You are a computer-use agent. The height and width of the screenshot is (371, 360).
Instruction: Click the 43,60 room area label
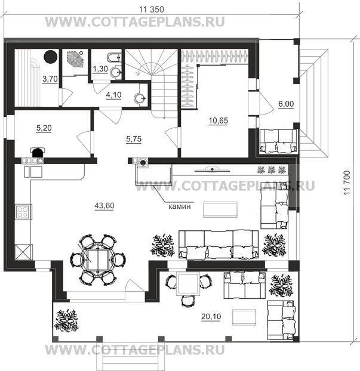[x=104, y=206]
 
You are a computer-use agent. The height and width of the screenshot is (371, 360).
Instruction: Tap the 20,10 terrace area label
[x=211, y=316]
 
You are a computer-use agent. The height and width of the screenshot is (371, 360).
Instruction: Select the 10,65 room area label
[x=218, y=120]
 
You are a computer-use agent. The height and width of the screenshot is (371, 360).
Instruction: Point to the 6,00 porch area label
[x=286, y=104]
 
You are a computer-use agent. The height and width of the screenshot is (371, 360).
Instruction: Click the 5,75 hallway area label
[x=134, y=139]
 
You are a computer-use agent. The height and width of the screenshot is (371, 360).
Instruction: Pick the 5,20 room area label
[x=44, y=128]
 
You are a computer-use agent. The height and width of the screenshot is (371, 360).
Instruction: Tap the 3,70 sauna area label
[x=50, y=79]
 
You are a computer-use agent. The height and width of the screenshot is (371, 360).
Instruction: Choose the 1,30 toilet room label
[x=100, y=69]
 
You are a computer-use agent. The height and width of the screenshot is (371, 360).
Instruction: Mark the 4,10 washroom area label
[x=113, y=95]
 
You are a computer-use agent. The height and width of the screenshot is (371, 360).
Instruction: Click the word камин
[x=180, y=206]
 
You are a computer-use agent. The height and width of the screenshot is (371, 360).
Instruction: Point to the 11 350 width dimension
[x=151, y=10]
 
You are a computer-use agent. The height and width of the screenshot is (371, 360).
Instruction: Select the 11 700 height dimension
[x=346, y=183]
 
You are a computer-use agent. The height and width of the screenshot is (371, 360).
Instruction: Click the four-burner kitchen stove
[x=23, y=212]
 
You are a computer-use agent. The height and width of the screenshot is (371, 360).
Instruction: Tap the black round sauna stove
[x=50, y=57]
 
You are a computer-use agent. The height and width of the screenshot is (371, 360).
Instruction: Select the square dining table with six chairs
[x=97, y=260]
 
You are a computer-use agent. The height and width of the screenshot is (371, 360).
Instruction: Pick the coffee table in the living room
[x=220, y=209]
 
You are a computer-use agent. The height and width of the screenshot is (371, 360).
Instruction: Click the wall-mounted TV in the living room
[x=212, y=169]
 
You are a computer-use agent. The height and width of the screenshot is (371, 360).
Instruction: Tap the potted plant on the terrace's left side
[x=66, y=320]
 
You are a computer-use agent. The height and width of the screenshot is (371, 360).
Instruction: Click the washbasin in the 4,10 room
[x=140, y=98]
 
